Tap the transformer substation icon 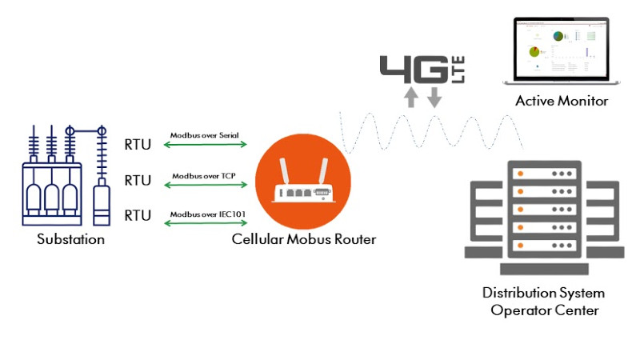pyautogui.click(x=63, y=176)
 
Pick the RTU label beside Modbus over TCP pyautogui.click(x=138, y=180)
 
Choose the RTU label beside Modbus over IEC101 pyautogui.click(x=138, y=215)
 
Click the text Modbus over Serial pyautogui.click(x=205, y=135)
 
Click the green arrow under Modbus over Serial pyautogui.click(x=205, y=145)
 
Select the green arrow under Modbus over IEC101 pyautogui.click(x=205, y=221)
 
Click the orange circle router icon pyautogui.click(x=303, y=183)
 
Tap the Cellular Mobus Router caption pyautogui.click(x=303, y=239)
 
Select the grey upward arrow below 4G pyautogui.click(x=410, y=98)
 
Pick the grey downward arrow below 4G pyautogui.click(x=434, y=98)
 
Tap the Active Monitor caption pyautogui.click(x=562, y=101)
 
